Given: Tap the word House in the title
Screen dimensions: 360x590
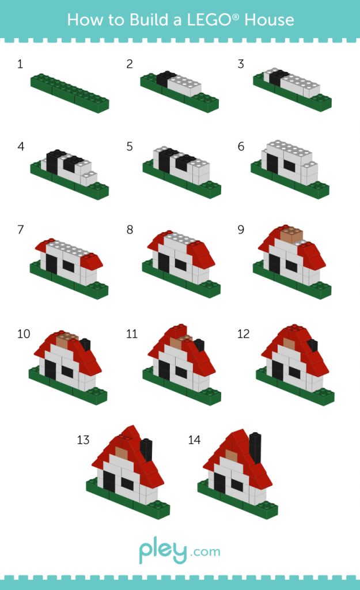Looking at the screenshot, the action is [x=270, y=20].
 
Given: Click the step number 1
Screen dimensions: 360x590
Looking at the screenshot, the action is [x=20, y=64].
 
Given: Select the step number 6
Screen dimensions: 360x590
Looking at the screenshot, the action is [x=241, y=146].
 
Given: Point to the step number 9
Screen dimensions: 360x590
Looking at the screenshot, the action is [x=241, y=229].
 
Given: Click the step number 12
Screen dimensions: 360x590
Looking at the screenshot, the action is [x=243, y=334].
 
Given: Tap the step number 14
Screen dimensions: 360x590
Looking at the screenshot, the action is [x=194, y=440].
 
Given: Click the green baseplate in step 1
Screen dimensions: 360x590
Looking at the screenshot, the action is [x=70, y=93].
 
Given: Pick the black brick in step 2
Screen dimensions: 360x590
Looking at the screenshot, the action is [x=164, y=80].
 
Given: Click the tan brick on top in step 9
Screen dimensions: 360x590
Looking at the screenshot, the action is [x=291, y=234].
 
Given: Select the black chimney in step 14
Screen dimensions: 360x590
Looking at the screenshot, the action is [x=255, y=448].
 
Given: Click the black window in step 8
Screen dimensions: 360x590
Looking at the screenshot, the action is [x=180, y=265].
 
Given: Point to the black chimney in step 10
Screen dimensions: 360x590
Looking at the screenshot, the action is [x=85, y=345].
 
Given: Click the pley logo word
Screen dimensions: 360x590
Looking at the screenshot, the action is [x=163, y=551].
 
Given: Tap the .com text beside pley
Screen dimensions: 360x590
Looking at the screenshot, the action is [x=206, y=553].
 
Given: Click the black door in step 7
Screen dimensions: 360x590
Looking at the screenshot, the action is [x=51, y=264].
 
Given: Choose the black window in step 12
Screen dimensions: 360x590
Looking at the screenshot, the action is [x=294, y=373].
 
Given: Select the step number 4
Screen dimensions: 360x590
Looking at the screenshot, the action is [x=21, y=146].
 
